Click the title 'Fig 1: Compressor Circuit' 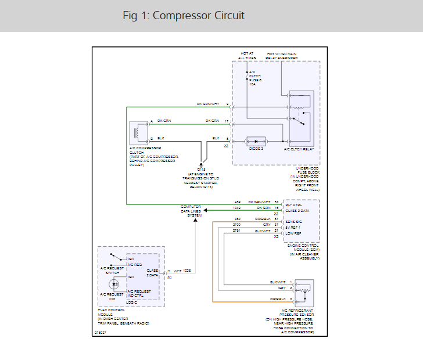tap(184, 16)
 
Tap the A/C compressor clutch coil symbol tap(138, 132)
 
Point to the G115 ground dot tap(202, 164)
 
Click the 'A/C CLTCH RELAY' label tap(299, 149)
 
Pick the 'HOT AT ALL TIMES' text tap(247, 56)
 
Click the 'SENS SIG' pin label tap(294, 221)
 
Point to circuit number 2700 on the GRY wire tap(236, 224)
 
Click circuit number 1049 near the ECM tap(236, 208)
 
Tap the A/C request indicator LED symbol tap(114, 285)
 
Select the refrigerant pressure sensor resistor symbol tap(302, 290)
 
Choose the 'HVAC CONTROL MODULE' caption tap(110, 312)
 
